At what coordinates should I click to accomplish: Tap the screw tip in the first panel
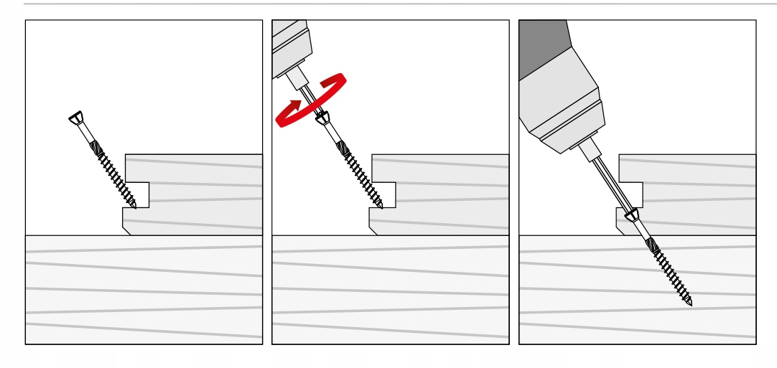pos(134,207)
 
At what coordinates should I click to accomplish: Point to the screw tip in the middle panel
pos(381,207)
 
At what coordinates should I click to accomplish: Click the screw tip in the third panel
pos(690,303)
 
